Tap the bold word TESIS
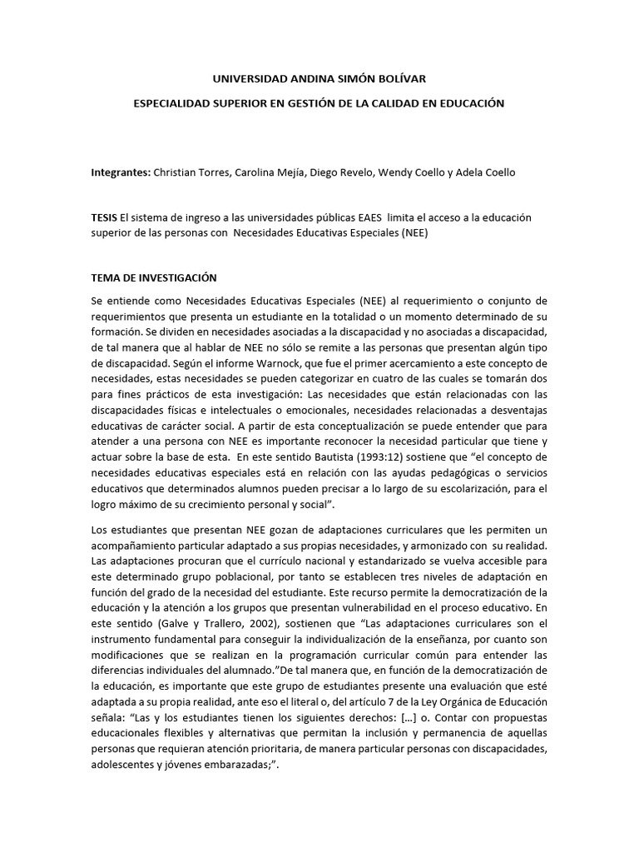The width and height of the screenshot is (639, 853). click(x=105, y=217)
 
